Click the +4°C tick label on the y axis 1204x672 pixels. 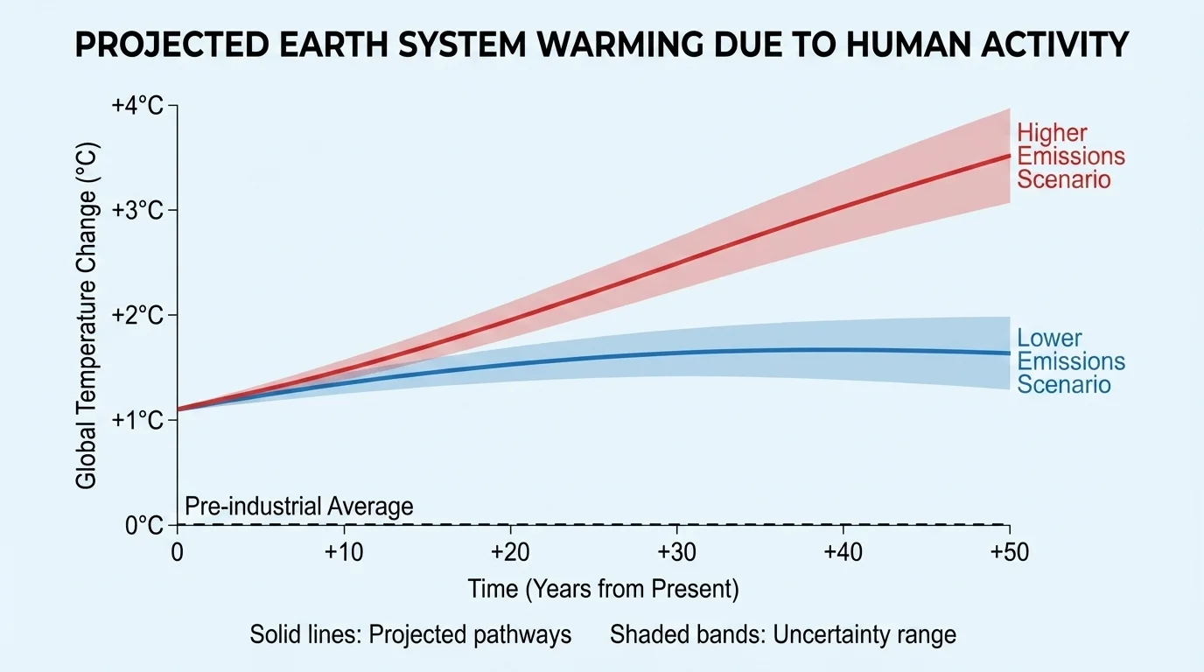pyautogui.click(x=137, y=106)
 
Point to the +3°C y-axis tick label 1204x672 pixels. pyautogui.click(x=137, y=211)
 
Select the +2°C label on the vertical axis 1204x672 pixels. pyautogui.click(x=137, y=315)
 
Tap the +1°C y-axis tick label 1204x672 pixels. pyautogui.click(x=137, y=420)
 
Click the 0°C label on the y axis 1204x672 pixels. pyautogui.click(x=144, y=525)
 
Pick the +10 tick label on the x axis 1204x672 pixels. pyautogui.click(x=344, y=553)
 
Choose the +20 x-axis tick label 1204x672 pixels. pyautogui.click(x=510, y=553)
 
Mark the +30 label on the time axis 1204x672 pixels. pyautogui.click(x=676, y=553)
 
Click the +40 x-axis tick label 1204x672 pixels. pyautogui.click(x=843, y=553)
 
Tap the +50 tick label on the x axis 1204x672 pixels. pyautogui.click(x=1009, y=553)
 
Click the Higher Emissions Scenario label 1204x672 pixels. pyautogui.click(x=1070, y=157)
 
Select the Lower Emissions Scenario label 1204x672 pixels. pyautogui.click(x=1070, y=361)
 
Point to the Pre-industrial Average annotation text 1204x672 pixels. pyautogui.click(x=298, y=506)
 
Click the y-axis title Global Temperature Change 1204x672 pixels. pyautogui.click(x=87, y=315)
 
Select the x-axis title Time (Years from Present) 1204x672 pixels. pyautogui.click(x=603, y=589)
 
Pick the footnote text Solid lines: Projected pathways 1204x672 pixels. pyautogui.click(x=410, y=634)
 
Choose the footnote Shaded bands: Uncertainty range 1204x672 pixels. pyautogui.click(x=783, y=634)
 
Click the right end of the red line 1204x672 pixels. pyautogui.click(x=1009, y=156)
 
